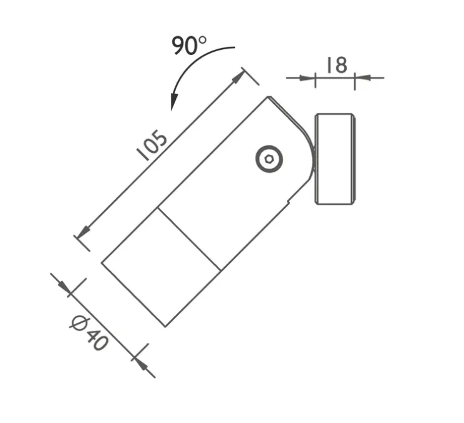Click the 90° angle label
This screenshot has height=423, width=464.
[x=189, y=46]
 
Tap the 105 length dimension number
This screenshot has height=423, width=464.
[x=152, y=146]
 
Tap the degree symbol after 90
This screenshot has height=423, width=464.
[x=201, y=41]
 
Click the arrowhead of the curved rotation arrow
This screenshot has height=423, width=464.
[x=174, y=103]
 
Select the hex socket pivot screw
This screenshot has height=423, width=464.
[x=269, y=159]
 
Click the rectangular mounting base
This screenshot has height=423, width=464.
[x=336, y=158]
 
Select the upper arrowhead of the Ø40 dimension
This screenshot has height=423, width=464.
[x=65, y=286]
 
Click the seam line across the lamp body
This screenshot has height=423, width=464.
[x=188, y=239]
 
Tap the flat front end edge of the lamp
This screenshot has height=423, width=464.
[x=133, y=294]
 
